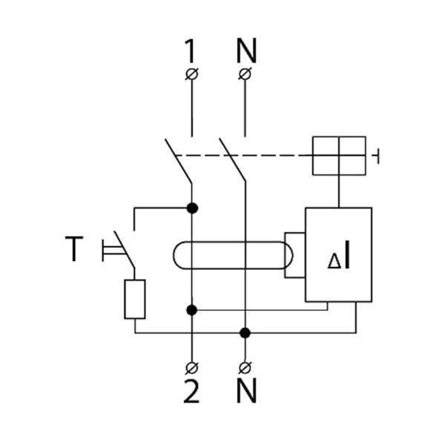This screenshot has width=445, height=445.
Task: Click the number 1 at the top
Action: pos(192,50)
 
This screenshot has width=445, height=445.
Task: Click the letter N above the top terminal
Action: pos(245,50)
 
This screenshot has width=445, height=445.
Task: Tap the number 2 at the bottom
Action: pos(192,392)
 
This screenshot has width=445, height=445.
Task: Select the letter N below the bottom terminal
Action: pos(245,392)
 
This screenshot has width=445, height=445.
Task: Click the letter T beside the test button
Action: pos(73,249)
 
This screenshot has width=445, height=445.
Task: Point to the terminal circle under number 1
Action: pos(192,73)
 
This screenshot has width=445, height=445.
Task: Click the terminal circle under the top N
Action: pos(245,73)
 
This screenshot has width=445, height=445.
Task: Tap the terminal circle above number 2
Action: pos(192,367)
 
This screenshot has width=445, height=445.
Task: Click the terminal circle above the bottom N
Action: pos(245,367)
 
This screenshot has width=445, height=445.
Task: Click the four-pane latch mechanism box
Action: pos(339,156)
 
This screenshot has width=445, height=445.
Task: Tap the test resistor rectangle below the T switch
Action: pos(134,299)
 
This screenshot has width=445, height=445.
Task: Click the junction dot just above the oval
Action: pos(192,208)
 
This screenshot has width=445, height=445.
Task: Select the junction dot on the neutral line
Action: pos(245,332)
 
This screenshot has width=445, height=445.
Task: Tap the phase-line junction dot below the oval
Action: pos(192,309)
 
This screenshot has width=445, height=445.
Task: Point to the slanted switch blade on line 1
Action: pos(179,159)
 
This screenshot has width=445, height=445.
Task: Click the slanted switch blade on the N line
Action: pos(231,159)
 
